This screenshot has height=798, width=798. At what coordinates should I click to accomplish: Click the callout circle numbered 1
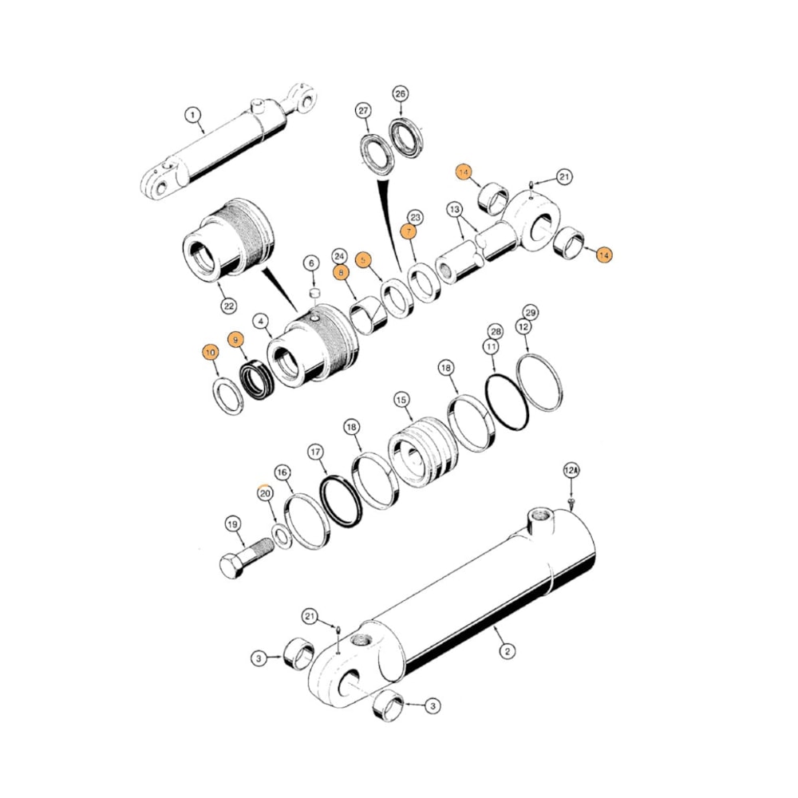coord(192,115)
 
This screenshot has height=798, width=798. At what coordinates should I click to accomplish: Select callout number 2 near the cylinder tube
coord(506,651)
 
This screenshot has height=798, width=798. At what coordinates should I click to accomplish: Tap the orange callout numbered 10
coord(210,352)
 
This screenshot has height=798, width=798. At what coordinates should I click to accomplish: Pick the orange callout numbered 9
coord(235,340)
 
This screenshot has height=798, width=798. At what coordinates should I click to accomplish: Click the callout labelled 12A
coord(571,472)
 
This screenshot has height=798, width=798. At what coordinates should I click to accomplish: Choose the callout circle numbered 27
coord(365,110)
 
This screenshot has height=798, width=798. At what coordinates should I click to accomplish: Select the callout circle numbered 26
coord(401,94)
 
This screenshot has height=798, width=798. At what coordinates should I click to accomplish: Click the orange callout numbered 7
coord(409,232)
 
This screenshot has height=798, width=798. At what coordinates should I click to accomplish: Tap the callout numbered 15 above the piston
coord(401,398)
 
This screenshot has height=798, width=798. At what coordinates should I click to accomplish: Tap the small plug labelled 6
coord(314,293)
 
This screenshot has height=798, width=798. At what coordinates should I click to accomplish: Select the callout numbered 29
coord(530,311)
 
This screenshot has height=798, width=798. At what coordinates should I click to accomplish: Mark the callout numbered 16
coord(282,473)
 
